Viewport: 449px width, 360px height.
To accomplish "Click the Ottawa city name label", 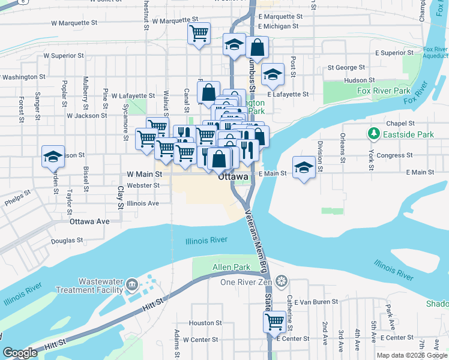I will click(x=234, y=177).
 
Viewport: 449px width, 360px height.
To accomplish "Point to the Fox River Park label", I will click(x=384, y=91).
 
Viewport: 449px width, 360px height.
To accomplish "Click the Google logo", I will click(x=20, y=353).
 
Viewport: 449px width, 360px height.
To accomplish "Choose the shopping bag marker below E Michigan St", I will click(x=257, y=48).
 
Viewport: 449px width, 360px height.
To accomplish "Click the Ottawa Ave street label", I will click(x=89, y=221).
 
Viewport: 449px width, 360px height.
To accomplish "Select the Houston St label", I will click(x=201, y=323).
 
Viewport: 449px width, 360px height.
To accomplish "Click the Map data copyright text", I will click(x=412, y=355).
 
